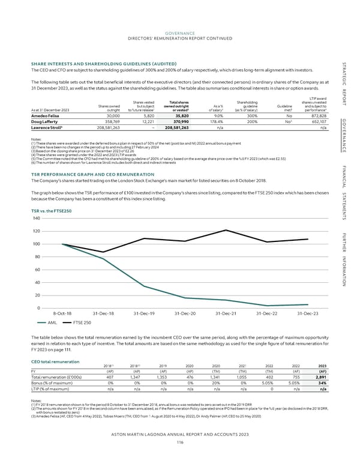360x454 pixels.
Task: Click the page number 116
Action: coord(179,441)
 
